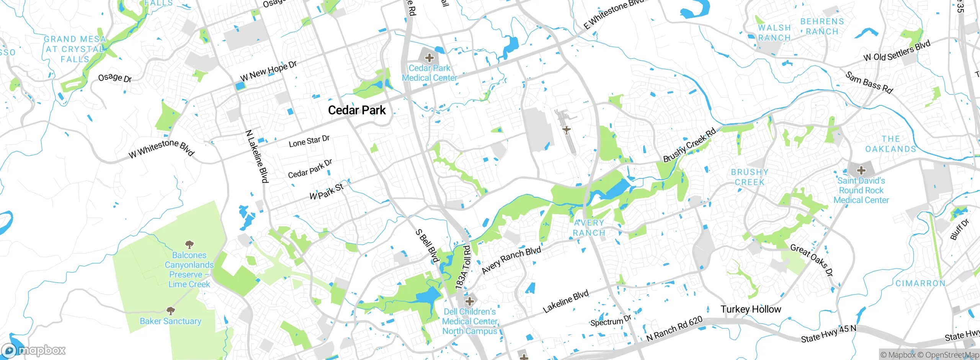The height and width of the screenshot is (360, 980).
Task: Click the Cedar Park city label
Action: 357,110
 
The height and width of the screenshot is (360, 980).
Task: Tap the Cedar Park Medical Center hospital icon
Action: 430,58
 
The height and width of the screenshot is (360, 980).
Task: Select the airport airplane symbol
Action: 567,130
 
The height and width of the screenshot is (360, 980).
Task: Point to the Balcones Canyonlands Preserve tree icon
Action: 189,244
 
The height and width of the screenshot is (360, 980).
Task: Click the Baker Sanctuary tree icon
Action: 171,311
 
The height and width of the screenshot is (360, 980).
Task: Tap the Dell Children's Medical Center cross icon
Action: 470,301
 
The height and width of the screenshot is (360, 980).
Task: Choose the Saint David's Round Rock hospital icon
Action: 861,170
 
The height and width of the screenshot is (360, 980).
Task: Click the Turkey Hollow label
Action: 751,309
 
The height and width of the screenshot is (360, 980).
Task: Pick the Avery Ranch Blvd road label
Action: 511,260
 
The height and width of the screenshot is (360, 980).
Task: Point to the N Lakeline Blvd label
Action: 256,156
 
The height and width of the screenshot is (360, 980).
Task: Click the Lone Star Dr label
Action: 309,141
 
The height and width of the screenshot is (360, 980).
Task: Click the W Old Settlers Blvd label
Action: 897,51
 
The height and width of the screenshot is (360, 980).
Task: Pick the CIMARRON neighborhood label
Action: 920,283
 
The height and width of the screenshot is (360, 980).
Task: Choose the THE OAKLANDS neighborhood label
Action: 891,144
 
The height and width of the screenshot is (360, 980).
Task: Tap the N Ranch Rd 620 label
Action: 674,329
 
